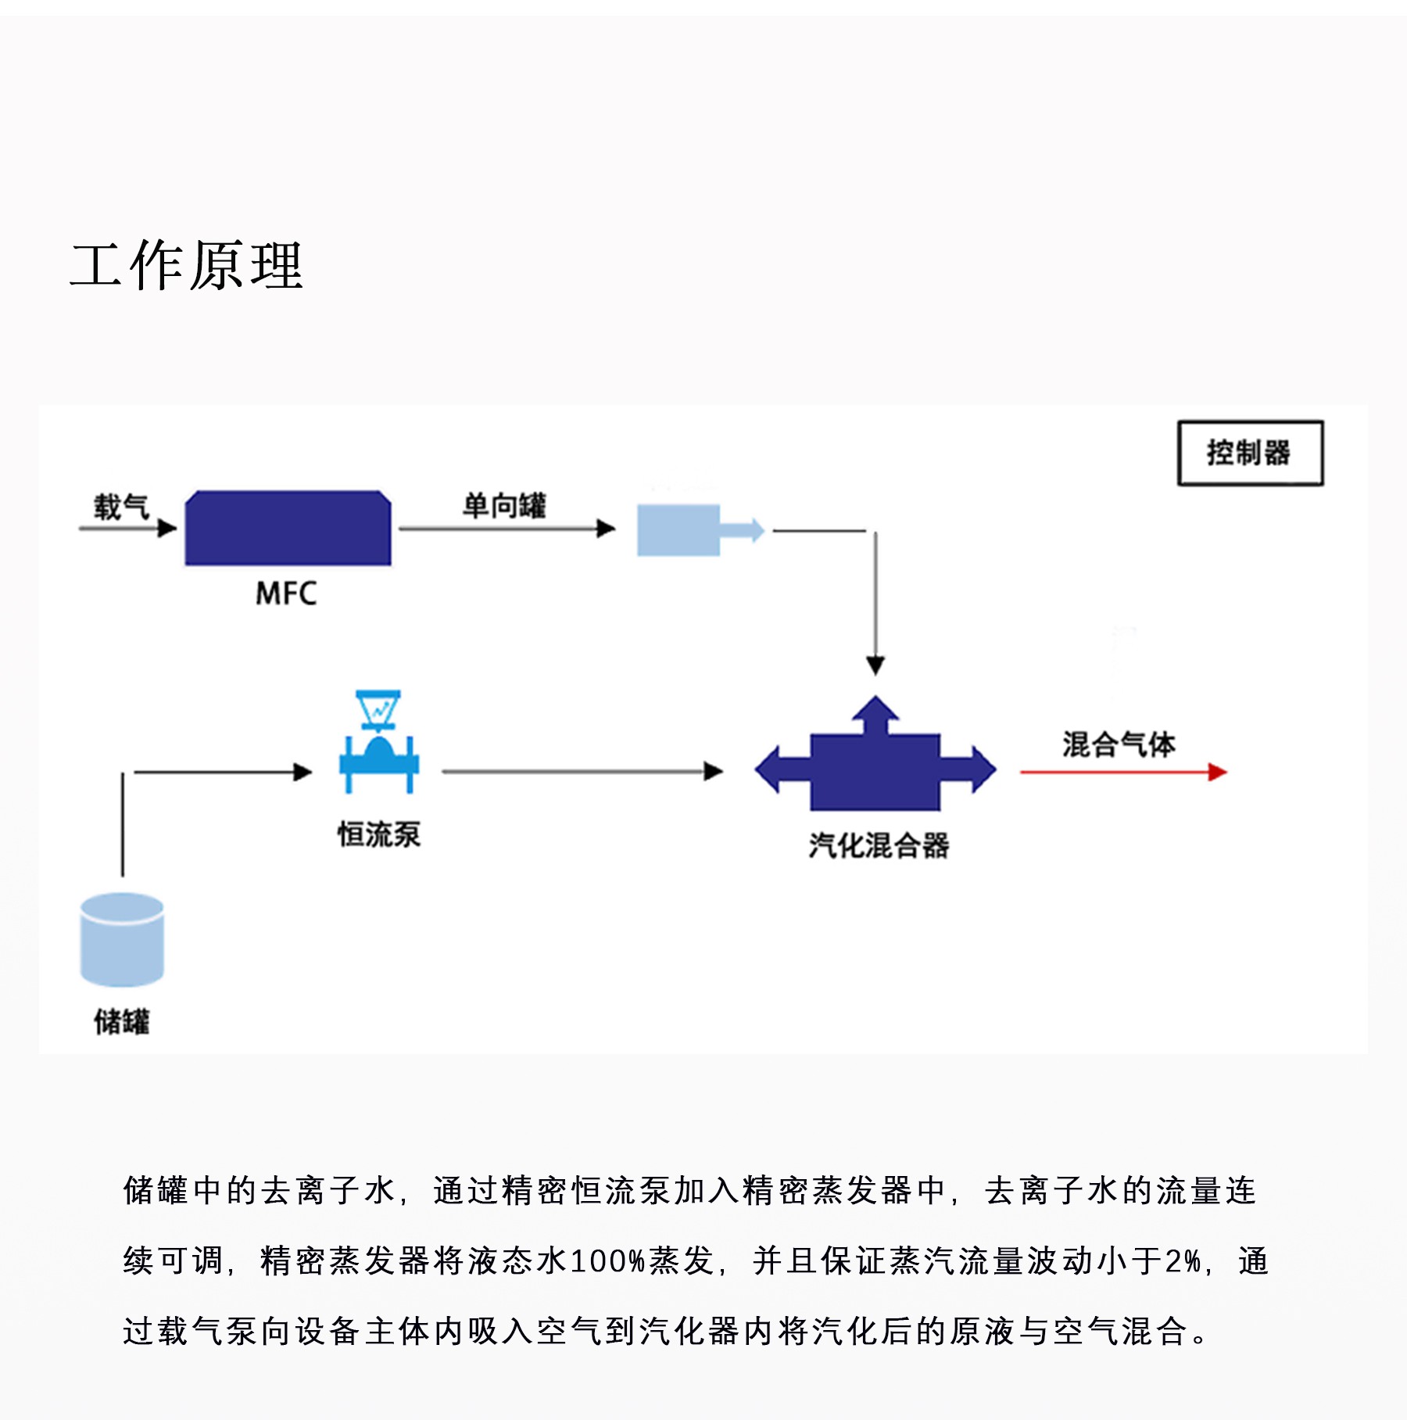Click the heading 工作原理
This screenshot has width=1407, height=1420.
point(186,266)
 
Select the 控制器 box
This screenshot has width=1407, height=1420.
point(1250,453)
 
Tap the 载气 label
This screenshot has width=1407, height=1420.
point(121,507)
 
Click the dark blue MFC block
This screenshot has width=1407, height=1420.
point(288,528)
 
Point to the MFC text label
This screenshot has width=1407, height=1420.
point(286,593)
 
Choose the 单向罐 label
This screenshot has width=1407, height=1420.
point(504,505)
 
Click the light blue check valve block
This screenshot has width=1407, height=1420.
point(678,530)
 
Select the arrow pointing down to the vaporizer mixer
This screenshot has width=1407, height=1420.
point(875,602)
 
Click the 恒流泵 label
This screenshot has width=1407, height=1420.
point(379,835)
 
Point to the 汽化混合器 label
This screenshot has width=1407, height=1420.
point(879,845)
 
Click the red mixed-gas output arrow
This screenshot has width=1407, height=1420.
point(1123,773)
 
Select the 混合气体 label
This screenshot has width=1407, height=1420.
point(1119,744)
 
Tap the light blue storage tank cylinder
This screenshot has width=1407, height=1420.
point(122,939)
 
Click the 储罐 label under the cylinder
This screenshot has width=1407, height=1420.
point(122,1021)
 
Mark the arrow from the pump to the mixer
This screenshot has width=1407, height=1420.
point(582,772)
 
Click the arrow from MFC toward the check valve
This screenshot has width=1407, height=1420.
point(507,529)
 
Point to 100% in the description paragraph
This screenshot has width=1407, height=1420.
point(608,1261)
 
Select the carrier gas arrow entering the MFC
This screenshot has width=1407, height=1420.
point(127,529)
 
